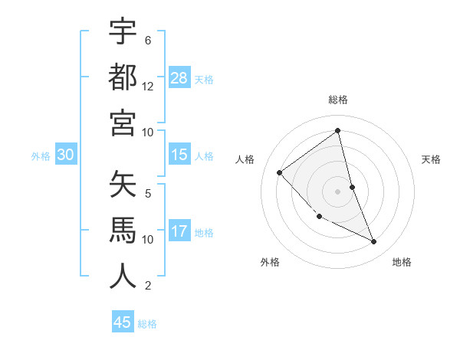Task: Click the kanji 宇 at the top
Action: point(123,32)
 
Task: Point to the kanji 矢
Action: point(123,185)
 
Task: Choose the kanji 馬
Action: point(123,231)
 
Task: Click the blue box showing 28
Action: point(179,78)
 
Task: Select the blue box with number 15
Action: point(179,155)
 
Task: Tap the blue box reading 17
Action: point(179,231)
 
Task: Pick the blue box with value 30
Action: point(65,155)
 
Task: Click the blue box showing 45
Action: point(123,322)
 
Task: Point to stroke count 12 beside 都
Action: point(148,87)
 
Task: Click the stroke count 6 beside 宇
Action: point(148,41)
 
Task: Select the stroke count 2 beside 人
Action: point(148,286)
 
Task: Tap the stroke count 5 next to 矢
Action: point(148,194)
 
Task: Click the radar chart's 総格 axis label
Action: point(337,100)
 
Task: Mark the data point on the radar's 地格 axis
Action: point(374,242)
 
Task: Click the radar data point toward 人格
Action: point(280,172)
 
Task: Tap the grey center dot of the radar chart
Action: point(337,191)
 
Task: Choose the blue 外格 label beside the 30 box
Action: point(41,156)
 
